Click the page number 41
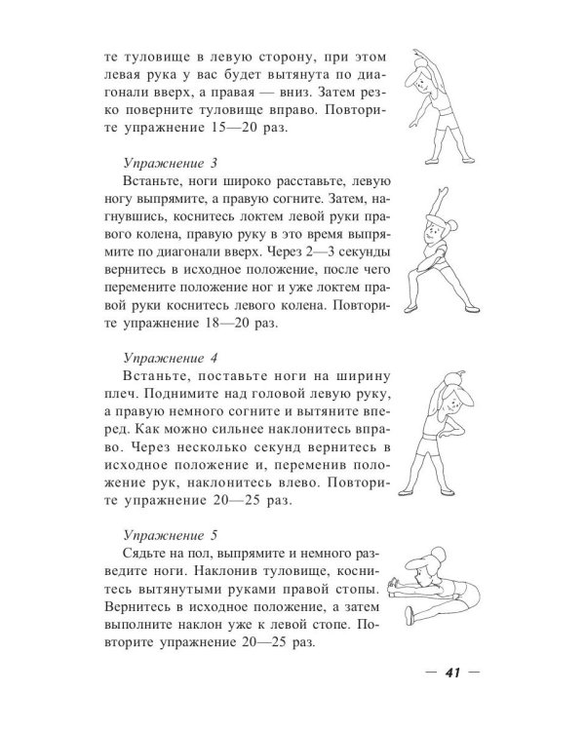[452, 672]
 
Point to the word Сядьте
[145, 554]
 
